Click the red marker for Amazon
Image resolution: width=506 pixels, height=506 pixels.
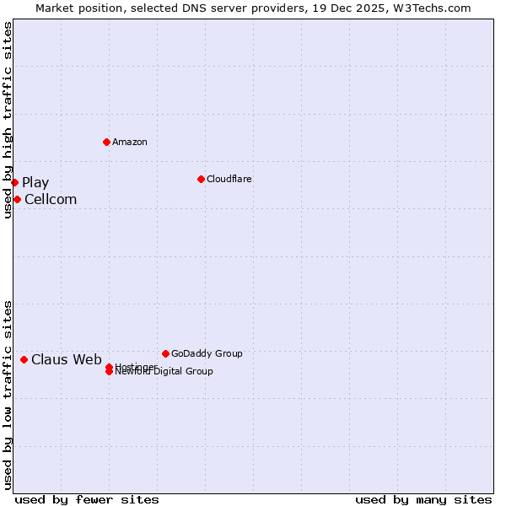[x=106, y=142]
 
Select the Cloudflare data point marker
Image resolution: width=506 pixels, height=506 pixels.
[x=201, y=179]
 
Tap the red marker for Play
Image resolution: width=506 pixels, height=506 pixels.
[x=14, y=182]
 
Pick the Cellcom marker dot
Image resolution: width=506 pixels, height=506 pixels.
[x=17, y=199]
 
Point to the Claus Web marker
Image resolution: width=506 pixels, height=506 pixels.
[x=24, y=359]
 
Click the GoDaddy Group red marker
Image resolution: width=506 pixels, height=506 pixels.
[x=165, y=353]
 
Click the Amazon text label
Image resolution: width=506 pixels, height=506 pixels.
[x=130, y=142]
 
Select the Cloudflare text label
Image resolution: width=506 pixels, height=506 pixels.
[x=229, y=179]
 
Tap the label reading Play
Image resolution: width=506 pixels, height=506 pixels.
[x=35, y=183]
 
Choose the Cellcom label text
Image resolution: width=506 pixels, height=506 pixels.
[x=51, y=200]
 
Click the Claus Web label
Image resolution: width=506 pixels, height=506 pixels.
[x=67, y=360]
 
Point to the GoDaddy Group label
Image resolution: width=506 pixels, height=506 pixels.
[x=207, y=353]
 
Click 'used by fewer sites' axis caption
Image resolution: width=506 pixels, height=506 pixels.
[x=87, y=499]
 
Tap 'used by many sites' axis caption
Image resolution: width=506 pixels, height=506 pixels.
[x=423, y=499]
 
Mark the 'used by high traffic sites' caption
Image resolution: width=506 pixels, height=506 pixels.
[x=8, y=120]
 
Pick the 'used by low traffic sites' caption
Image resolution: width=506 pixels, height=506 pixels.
[x=8, y=395]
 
